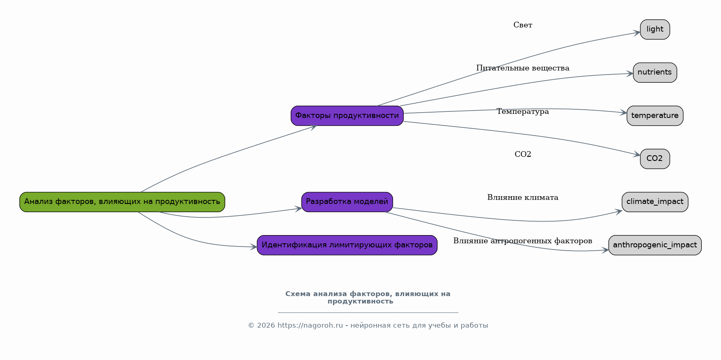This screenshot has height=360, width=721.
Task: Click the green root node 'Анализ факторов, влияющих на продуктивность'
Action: tap(122, 202)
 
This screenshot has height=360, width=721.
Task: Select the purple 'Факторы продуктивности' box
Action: tap(347, 116)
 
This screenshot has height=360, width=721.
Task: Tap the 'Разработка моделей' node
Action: tap(347, 202)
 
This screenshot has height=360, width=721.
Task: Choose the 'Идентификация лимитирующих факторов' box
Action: tap(347, 245)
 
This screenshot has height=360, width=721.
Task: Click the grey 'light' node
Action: tap(655, 29)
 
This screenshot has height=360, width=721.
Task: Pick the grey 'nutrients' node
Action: tap(655, 72)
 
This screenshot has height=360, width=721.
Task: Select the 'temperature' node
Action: tap(655, 116)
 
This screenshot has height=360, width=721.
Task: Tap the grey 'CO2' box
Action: tap(655, 159)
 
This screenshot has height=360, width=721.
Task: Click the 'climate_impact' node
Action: tap(655, 202)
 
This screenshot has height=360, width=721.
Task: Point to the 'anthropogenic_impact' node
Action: tap(655, 245)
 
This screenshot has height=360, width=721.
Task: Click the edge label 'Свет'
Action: tap(523, 25)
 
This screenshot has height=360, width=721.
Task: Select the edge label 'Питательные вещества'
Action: tap(523, 68)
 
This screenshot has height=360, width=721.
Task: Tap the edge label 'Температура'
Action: tap(523, 112)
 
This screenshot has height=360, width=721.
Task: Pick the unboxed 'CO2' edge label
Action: tap(523, 154)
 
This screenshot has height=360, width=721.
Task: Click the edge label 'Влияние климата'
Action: tap(523, 198)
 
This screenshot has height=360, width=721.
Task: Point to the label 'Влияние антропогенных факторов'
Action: tap(523, 241)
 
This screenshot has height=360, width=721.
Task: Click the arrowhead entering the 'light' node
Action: tap(637, 32)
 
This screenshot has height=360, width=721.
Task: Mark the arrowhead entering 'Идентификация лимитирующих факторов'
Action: tap(254, 247)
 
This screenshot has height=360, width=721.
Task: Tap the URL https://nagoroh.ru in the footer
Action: tap(310, 326)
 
